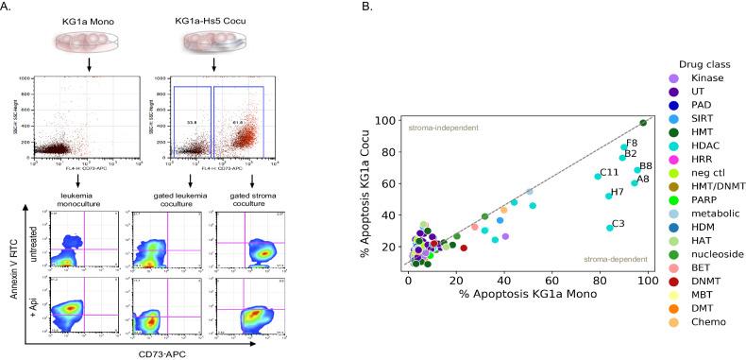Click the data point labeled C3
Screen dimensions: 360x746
click(610, 228)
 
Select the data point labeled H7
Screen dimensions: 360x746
click(609, 197)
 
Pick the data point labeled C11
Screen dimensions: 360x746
click(598, 177)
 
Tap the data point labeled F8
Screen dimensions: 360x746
click(623, 147)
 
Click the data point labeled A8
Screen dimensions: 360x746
click(635, 183)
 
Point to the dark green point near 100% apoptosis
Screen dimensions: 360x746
click(643, 123)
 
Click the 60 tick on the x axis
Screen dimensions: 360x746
click(552, 281)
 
